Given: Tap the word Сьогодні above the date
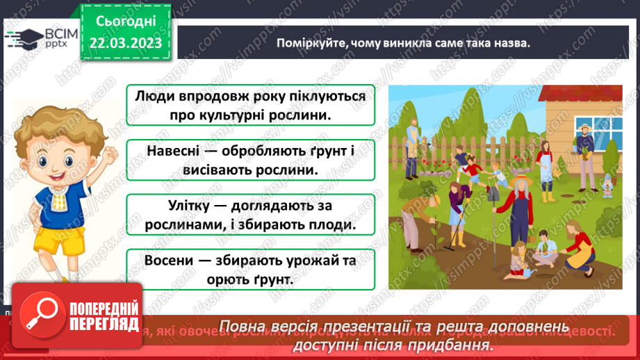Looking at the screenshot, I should (126, 22).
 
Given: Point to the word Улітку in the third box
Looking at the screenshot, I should (171, 206).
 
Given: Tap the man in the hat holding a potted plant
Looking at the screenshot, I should (585, 147).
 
